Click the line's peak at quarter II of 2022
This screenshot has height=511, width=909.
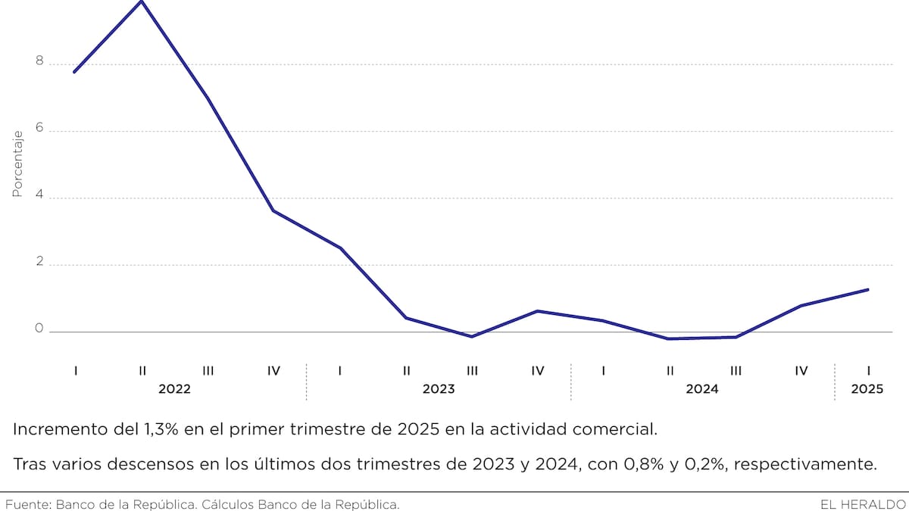142,2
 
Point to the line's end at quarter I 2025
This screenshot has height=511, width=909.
867,289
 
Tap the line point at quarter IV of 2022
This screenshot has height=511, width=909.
273,210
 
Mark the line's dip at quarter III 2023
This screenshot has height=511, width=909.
472,336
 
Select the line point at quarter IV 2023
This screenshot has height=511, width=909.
537,311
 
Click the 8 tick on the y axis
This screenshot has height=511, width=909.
39,62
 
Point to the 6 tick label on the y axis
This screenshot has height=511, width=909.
39,129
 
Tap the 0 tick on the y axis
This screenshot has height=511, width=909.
39,329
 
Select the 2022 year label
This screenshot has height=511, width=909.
174,389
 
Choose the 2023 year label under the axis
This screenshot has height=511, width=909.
439,389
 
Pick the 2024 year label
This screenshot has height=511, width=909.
702,389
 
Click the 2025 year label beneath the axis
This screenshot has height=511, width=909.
867,389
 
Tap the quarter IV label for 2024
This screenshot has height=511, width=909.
801,370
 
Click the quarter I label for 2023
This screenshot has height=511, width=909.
340,370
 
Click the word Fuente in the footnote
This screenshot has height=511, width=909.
26,503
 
